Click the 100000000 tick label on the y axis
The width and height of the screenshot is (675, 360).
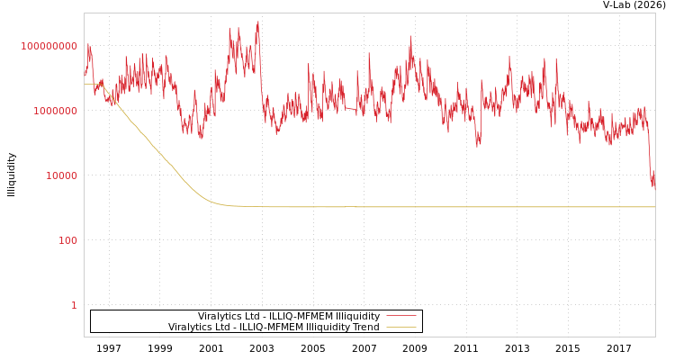click(x=49, y=46)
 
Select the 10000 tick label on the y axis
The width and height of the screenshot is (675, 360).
click(x=61, y=175)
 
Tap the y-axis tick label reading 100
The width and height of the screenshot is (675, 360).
click(x=68, y=240)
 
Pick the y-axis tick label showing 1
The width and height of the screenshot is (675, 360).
click(x=74, y=305)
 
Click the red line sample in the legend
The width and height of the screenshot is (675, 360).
click(x=401, y=316)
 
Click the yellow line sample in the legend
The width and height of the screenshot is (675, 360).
click(x=401, y=327)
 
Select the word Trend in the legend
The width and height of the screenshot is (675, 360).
click(x=364, y=327)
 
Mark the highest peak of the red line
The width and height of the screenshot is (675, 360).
click(x=258, y=22)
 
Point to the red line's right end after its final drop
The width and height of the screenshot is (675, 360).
click(x=654, y=186)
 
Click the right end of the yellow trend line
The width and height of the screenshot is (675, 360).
click(x=654, y=207)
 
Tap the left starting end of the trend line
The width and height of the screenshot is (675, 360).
click(x=85, y=84)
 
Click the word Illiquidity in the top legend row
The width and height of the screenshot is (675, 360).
click(x=357, y=316)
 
